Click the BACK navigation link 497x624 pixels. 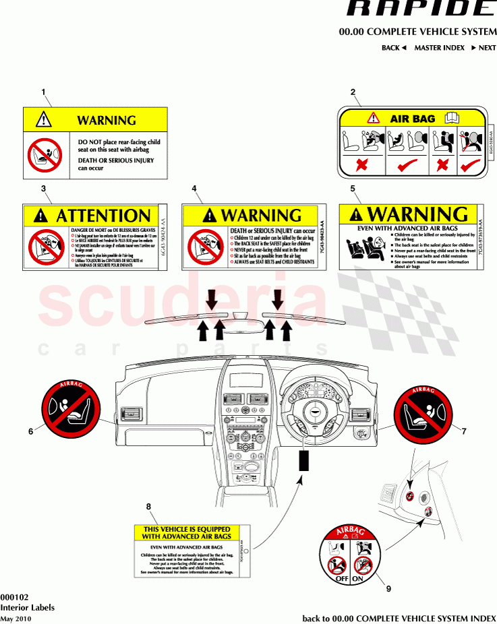(394, 48)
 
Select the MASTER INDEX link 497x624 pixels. (439, 48)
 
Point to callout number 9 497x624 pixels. (388, 588)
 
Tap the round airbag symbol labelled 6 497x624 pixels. (70, 409)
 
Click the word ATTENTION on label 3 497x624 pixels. (103, 216)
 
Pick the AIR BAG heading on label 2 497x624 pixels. (413, 119)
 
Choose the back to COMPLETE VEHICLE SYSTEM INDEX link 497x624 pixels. (399, 618)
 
